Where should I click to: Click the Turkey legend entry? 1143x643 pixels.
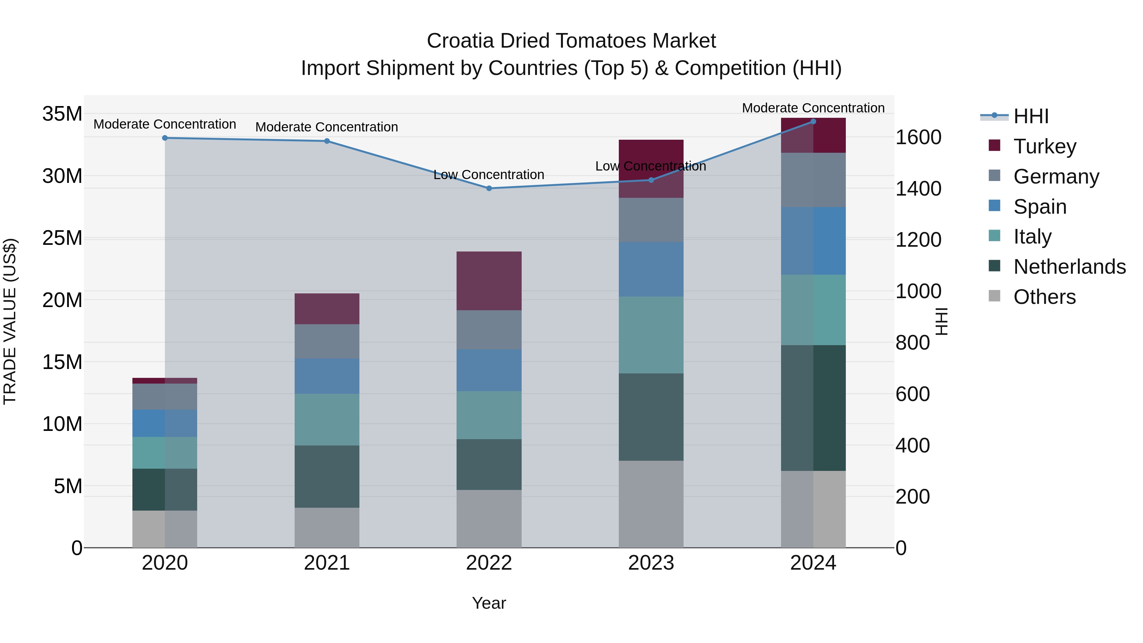[x=1045, y=146]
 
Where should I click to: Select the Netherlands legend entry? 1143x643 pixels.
[x=1069, y=267]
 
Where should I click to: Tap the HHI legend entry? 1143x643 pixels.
[x=1031, y=116]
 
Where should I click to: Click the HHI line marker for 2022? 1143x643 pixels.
[x=489, y=188]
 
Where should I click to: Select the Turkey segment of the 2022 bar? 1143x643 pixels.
[x=489, y=281]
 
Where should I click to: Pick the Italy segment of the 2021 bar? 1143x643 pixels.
[x=327, y=419]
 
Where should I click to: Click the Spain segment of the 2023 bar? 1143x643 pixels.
[x=651, y=269]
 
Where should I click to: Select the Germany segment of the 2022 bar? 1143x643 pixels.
[x=489, y=330]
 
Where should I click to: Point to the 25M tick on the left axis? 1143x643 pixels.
[x=62, y=238]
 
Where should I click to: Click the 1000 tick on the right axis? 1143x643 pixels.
[x=918, y=291]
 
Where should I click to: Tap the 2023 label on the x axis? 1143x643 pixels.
[x=651, y=563]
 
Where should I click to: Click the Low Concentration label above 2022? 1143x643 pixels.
[x=489, y=175]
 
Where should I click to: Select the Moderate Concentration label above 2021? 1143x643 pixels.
[x=327, y=127]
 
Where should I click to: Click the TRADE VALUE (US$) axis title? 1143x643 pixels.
[x=10, y=321]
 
